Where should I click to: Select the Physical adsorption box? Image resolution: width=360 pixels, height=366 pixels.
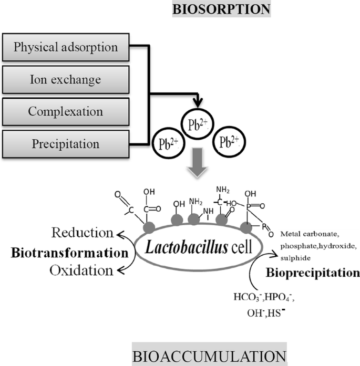pos(66,47)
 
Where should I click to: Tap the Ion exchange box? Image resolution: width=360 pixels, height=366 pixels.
pos(66,79)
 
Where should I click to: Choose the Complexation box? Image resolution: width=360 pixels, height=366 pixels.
pos(66,111)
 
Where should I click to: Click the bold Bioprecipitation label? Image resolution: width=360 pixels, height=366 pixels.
pos(313,273)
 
